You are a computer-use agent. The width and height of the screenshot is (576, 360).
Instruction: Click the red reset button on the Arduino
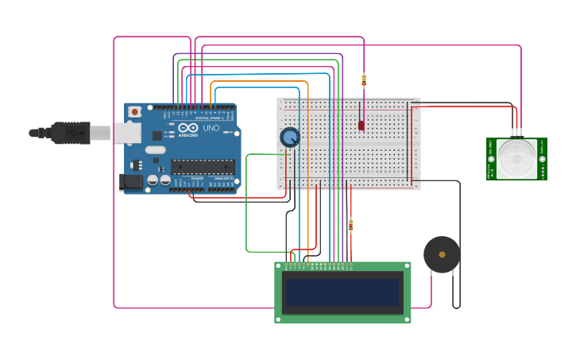(x=135, y=112)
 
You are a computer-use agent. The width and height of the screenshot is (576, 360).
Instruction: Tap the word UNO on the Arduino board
(x=211, y=128)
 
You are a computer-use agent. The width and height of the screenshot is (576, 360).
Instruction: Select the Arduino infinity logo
(x=187, y=127)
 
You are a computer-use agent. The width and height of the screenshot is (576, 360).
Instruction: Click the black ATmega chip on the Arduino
(x=203, y=166)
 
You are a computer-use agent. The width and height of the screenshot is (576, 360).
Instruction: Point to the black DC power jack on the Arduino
(x=131, y=182)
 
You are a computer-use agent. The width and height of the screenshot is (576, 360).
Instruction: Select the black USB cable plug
(x=71, y=133)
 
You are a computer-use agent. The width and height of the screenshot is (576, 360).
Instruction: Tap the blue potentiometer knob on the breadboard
(x=290, y=137)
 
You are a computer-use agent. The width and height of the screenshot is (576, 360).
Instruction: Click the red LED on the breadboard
(x=361, y=125)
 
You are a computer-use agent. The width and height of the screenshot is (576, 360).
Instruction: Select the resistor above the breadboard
(x=364, y=80)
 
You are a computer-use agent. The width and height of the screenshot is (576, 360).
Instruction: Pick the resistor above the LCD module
(x=350, y=226)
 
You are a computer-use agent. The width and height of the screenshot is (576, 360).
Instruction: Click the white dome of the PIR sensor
(x=516, y=157)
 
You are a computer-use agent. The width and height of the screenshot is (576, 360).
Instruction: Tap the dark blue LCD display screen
(x=342, y=292)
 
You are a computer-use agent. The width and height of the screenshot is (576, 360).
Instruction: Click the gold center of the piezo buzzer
(x=442, y=254)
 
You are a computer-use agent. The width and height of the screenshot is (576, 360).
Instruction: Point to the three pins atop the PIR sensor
(x=516, y=134)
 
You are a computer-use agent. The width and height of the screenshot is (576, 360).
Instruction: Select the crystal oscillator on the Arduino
(x=156, y=149)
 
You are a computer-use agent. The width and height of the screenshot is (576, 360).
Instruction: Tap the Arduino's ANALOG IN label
(x=222, y=178)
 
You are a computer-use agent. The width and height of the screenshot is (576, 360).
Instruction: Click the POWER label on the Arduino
(x=197, y=178)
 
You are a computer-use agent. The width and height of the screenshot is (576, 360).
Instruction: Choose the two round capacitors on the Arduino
(x=158, y=180)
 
